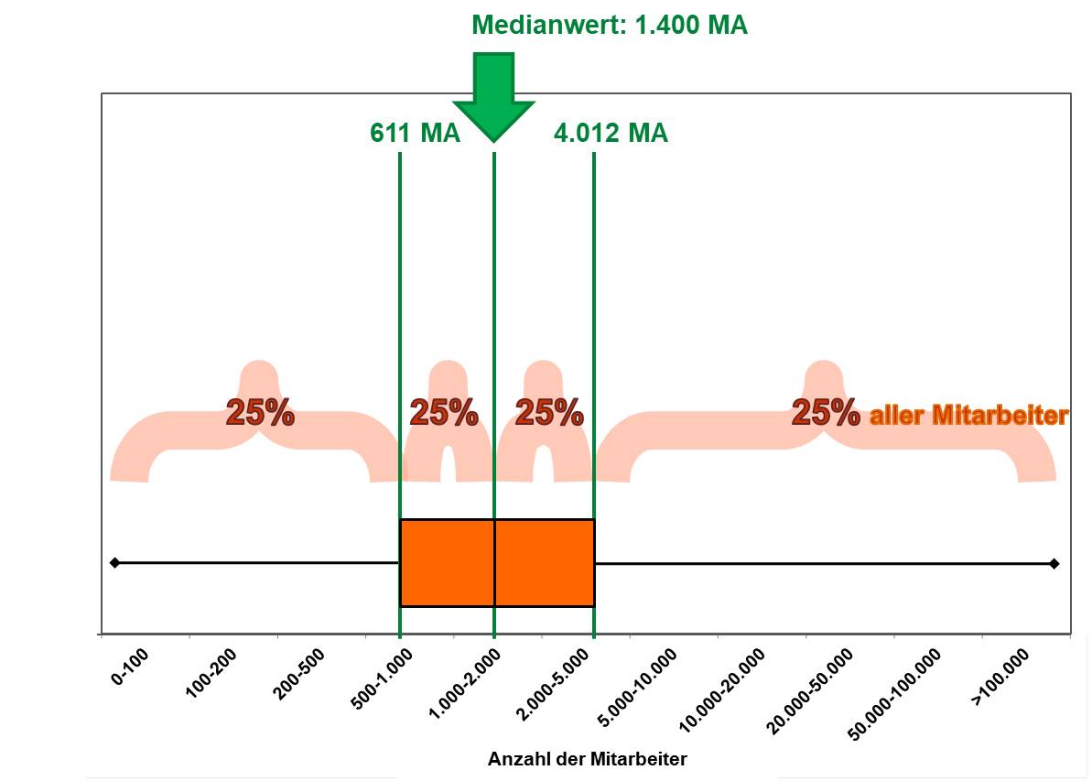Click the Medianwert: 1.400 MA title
[x=609, y=26]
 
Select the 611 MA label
[x=414, y=134]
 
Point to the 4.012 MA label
[x=611, y=134]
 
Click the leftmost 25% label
[x=260, y=413]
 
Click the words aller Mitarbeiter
[x=968, y=417]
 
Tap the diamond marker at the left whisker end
[x=114, y=562]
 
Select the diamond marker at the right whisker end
[x=1054, y=563]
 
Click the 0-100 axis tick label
[x=129, y=666]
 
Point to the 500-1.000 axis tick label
[x=382, y=678]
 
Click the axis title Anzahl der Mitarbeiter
[x=587, y=759]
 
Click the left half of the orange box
[x=447, y=562]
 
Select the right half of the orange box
[x=545, y=562]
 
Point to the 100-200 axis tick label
[x=211, y=672]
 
